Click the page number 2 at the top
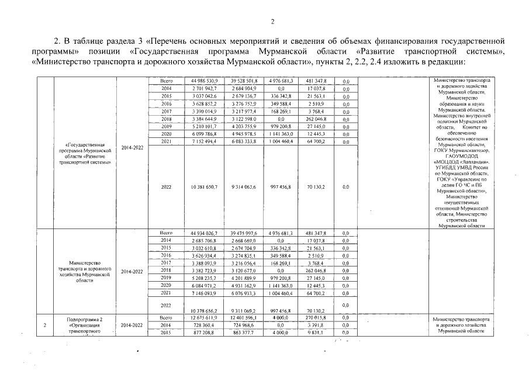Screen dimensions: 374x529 272,22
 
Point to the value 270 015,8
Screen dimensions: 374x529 316,317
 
